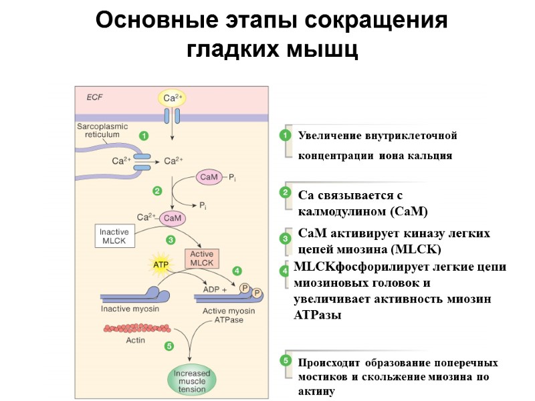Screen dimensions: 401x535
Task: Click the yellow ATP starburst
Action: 161,265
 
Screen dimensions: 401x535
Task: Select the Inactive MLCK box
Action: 114,237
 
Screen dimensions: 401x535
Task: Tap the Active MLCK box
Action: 201,259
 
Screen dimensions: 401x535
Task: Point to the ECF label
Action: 96,96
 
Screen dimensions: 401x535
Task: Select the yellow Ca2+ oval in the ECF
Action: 173,98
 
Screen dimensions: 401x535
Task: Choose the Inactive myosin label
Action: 129,309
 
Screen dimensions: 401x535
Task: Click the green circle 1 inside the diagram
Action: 143,136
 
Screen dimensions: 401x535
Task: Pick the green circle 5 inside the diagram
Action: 169,346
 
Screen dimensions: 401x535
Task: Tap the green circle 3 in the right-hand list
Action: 286,239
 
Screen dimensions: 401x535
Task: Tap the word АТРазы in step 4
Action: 318,315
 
